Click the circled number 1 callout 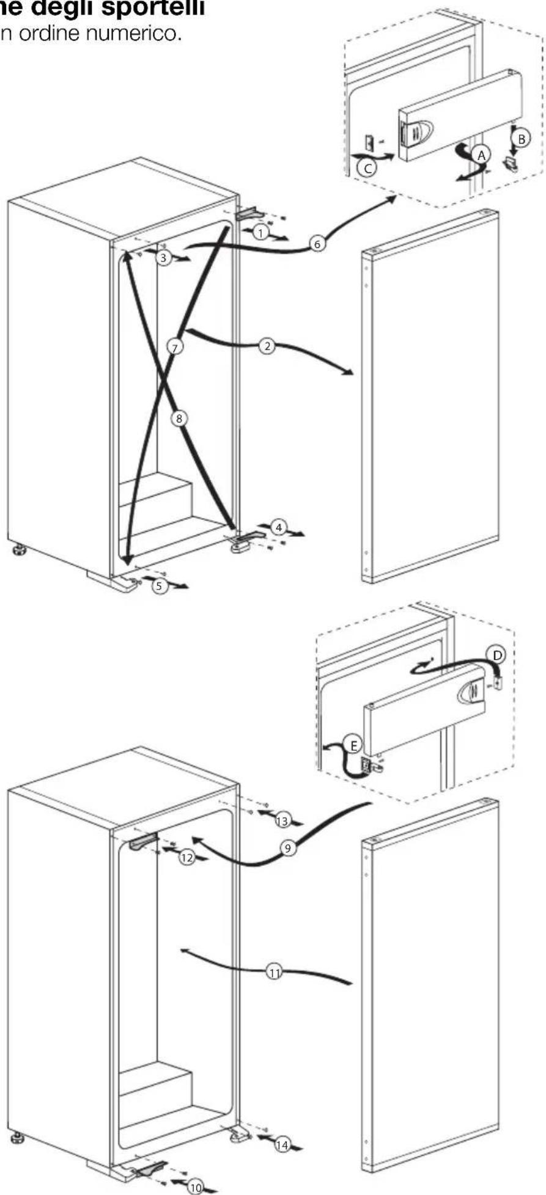[260, 232]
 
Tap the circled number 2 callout [267, 346]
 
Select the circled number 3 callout [163, 258]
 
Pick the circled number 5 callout [159, 586]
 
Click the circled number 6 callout [317, 244]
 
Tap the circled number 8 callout [179, 418]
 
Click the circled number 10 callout [195, 1188]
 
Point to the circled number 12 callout [186, 858]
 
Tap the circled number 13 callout [282, 821]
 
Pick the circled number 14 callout [282, 1145]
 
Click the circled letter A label [482, 155]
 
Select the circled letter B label [521, 139]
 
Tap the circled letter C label [367, 169]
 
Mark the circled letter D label [499, 656]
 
